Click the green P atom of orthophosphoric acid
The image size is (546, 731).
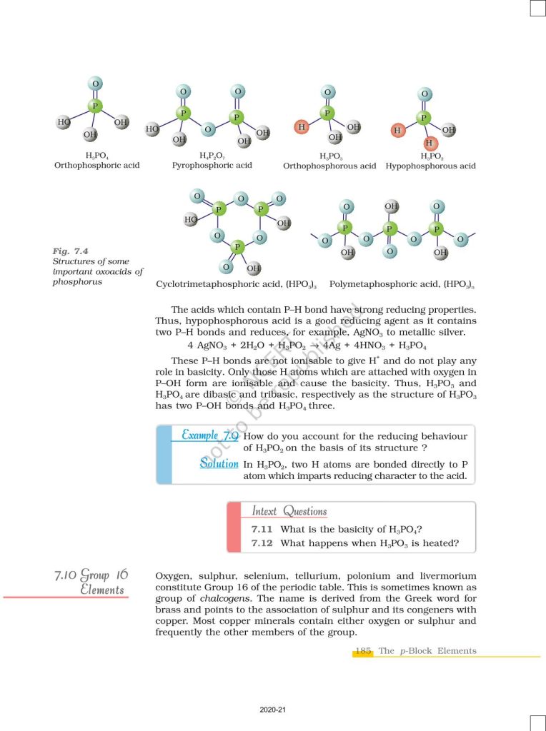95,107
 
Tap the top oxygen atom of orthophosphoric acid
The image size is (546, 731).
95,84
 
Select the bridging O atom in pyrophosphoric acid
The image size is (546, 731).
209,130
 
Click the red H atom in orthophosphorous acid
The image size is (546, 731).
302,127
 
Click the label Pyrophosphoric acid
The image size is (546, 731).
212,166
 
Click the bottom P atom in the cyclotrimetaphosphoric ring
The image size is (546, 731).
239,246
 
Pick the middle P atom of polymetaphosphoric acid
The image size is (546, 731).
390,229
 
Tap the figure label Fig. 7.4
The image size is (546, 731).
70,251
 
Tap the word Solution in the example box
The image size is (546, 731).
219,464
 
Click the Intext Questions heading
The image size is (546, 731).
289,511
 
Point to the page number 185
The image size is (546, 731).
363,650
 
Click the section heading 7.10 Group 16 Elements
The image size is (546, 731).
91,582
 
